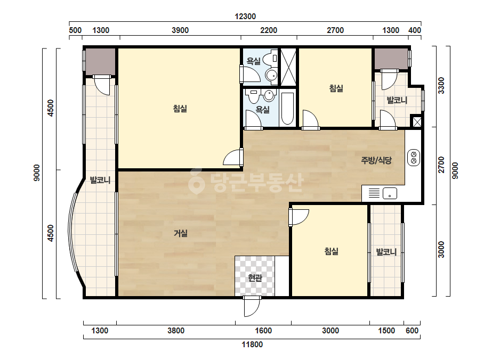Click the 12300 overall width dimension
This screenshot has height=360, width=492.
(245, 17)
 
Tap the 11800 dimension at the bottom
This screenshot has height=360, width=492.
(252, 345)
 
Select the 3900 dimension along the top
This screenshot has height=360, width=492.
(180, 30)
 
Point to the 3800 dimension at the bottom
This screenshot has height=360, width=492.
(176, 331)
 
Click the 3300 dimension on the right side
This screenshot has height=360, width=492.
(441, 85)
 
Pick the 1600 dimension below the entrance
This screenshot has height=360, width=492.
(263, 331)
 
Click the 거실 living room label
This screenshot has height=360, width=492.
(181, 233)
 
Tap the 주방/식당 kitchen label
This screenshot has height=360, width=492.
(376, 160)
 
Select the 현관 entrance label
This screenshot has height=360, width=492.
(255, 277)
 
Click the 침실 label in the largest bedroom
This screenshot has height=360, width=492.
(180, 109)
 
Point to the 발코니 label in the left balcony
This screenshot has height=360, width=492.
(100, 180)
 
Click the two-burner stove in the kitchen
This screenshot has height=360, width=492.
(414, 158)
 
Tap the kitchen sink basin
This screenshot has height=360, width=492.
(390, 193)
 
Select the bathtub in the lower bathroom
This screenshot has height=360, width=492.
(287, 109)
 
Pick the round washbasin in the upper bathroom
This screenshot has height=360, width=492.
(271, 75)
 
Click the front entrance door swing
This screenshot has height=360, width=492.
(252, 306)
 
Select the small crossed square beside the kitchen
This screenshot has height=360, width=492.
(417, 121)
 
